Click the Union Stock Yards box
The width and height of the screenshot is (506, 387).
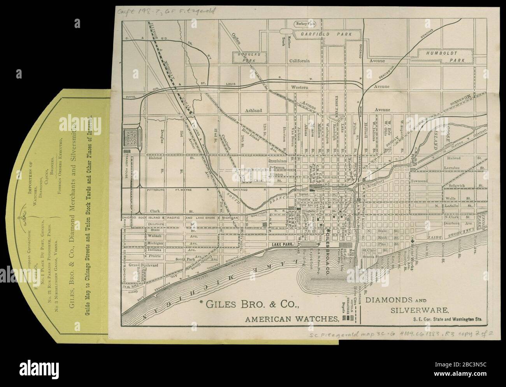tap(129, 137)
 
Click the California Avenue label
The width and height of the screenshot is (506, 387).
tap(299, 61)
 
